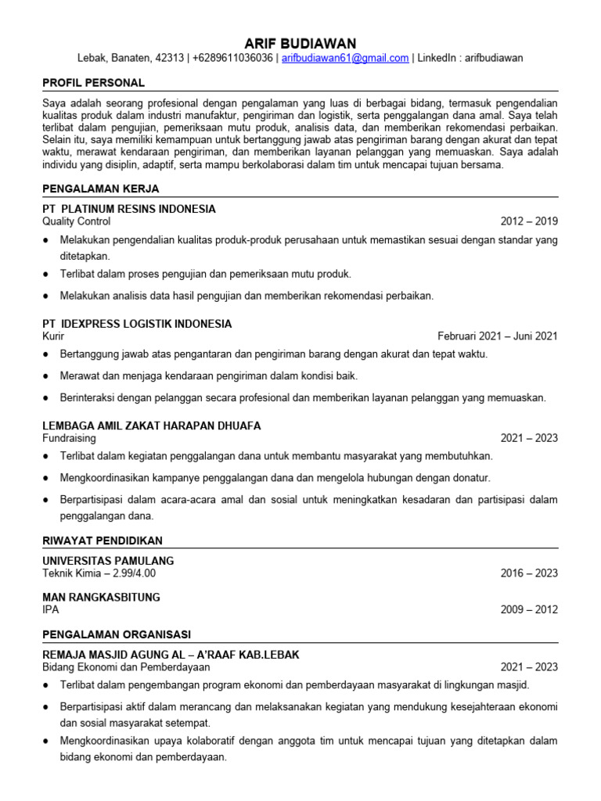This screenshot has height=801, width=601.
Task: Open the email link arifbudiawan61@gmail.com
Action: point(345,59)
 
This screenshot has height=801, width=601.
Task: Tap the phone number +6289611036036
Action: point(232,59)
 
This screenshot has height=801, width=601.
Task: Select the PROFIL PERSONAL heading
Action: point(93,83)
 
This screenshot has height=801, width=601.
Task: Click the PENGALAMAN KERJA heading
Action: point(101,189)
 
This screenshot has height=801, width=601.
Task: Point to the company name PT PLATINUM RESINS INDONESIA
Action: point(128,210)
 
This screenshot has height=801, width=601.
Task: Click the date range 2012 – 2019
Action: point(529,221)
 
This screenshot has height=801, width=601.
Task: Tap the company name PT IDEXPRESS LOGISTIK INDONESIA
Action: point(137,324)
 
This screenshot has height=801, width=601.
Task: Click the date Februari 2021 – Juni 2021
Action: point(497,336)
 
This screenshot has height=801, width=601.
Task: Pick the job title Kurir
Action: point(53,336)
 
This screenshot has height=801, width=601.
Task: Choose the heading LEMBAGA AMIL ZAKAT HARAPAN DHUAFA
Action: point(151,426)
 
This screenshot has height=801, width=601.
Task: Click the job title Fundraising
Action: point(69,438)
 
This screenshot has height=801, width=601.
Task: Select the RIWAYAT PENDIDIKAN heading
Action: point(103,541)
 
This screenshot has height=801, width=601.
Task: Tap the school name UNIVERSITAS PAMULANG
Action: point(108,561)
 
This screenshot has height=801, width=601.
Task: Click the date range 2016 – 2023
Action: point(529,573)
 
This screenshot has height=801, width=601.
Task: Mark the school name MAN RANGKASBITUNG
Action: point(101,598)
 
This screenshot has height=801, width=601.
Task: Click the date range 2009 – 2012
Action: point(529,610)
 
